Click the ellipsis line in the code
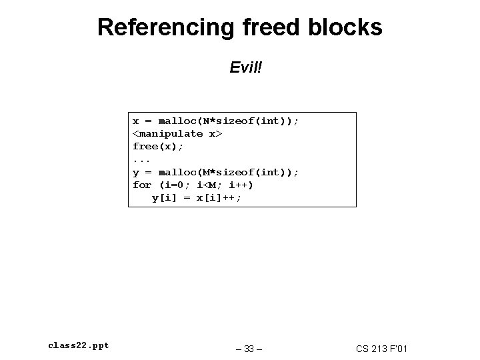click(x=141, y=159)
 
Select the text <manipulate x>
click(x=177, y=133)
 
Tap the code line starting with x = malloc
click(x=216, y=121)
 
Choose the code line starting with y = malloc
click(x=216, y=172)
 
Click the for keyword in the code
click(x=142, y=185)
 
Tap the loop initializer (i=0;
click(x=174, y=185)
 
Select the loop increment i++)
click(x=241, y=185)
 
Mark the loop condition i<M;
click(x=209, y=185)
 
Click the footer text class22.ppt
click(x=79, y=345)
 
